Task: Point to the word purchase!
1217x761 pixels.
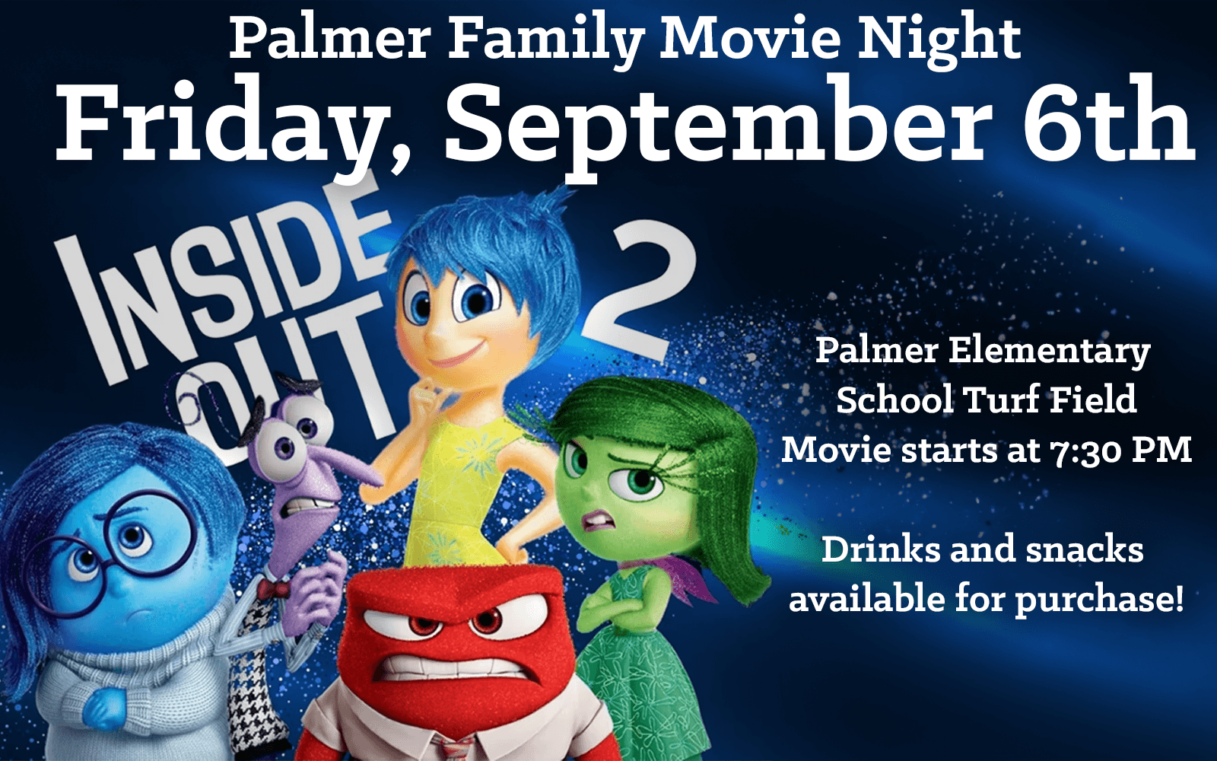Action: pyautogui.click(x=1100, y=600)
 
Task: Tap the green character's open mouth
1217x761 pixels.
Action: pyautogui.click(x=599, y=521)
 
